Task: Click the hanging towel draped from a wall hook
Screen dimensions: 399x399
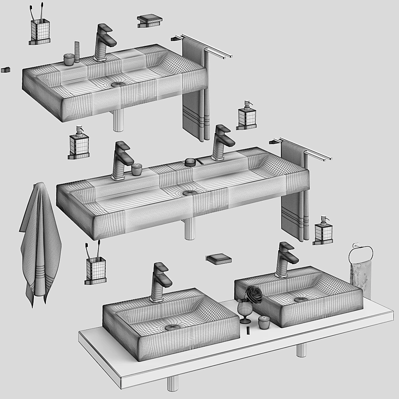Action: (x=40, y=239)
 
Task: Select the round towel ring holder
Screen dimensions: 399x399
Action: (x=361, y=255)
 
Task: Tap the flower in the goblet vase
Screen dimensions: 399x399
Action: (x=254, y=294)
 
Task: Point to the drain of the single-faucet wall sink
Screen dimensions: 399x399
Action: (x=118, y=85)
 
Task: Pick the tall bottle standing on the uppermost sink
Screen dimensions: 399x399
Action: (x=77, y=52)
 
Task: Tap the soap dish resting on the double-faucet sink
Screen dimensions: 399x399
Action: (x=190, y=162)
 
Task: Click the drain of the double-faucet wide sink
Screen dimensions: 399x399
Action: (x=190, y=193)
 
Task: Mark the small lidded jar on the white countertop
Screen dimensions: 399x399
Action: (x=264, y=322)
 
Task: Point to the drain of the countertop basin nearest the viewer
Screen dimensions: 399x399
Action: (x=172, y=327)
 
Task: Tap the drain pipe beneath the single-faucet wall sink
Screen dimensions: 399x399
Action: (x=118, y=120)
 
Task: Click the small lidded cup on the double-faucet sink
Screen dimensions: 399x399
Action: (x=137, y=169)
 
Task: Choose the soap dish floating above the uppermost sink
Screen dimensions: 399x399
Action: (x=150, y=21)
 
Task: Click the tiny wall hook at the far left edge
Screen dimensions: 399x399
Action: (x=5, y=70)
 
